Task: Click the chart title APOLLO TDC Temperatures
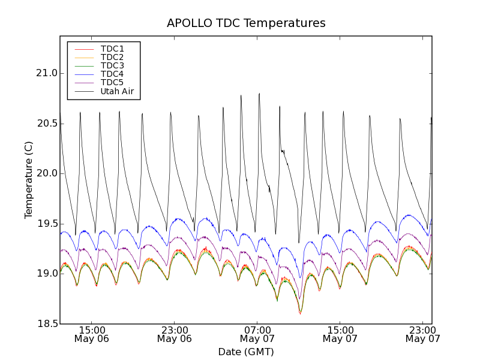pyautogui.click(x=246, y=23)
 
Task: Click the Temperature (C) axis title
pyautogui.click(x=29, y=180)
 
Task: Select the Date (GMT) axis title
pyautogui.click(x=246, y=352)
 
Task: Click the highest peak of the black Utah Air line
pyautogui.click(x=259, y=94)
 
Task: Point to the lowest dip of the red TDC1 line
pyautogui.click(x=300, y=313)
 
